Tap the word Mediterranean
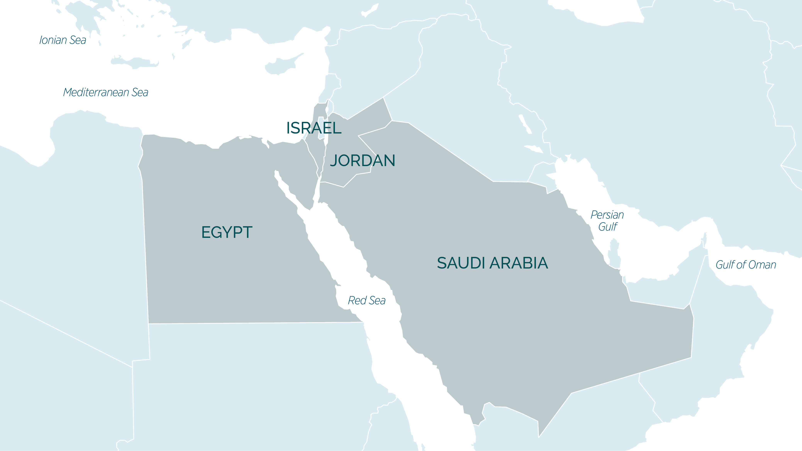coord(96,92)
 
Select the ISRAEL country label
coord(314,128)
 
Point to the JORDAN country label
coord(362,160)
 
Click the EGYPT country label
coord(227,232)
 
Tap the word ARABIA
coord(519,263)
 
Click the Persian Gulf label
coord(607,220)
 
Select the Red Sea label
coord(366,301)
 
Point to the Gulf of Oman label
coord(746,265)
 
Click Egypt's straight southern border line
coord(255,323)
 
